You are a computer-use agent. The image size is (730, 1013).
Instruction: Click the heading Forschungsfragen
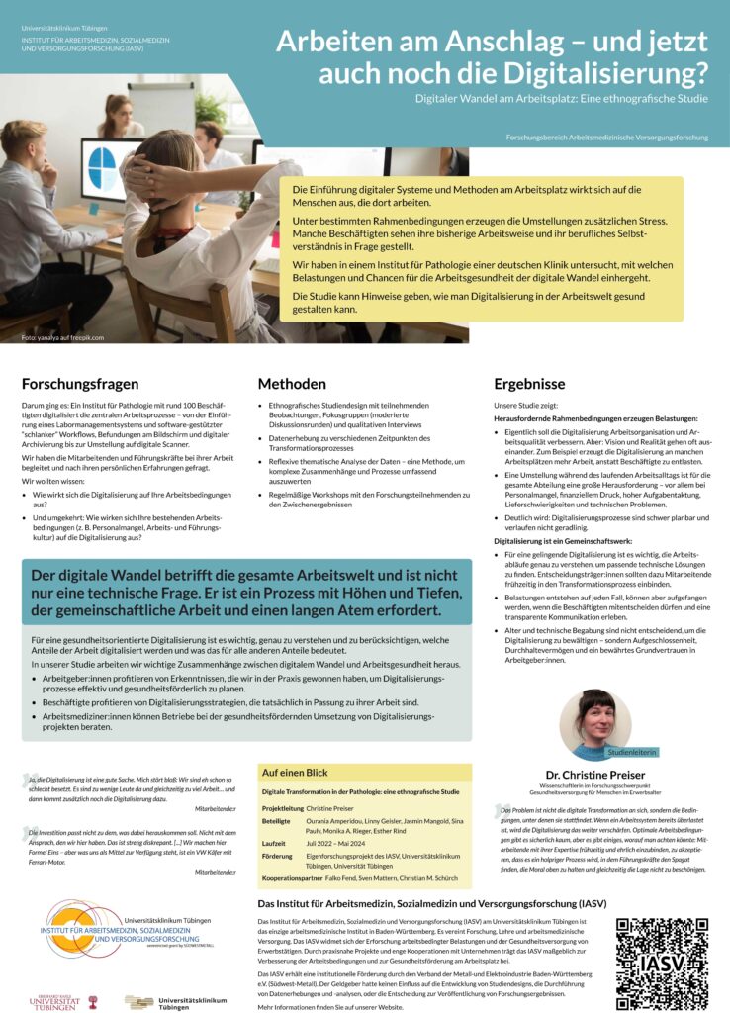78,384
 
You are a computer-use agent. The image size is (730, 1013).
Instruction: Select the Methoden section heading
292,384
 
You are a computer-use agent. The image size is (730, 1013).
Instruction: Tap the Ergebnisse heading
529,384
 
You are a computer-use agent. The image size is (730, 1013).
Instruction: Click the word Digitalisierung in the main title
593,71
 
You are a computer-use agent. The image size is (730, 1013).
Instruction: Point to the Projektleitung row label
283,808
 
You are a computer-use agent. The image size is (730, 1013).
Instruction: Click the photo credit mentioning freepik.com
61,338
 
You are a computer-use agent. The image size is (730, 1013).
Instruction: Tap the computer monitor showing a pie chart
110,169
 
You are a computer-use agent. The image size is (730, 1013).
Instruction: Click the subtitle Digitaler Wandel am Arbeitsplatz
562,100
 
